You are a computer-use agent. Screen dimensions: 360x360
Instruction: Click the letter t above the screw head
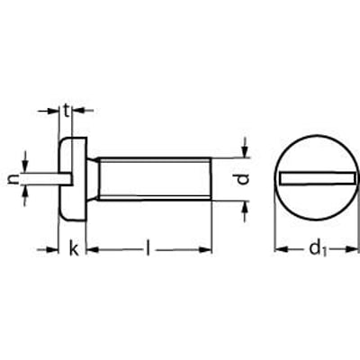coord(67,111)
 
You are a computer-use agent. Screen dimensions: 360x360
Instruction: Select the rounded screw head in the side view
coord(76,179)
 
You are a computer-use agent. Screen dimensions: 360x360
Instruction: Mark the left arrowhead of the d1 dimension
coord(278,248)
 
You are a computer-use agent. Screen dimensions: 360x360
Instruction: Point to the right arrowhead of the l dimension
coord(208,247)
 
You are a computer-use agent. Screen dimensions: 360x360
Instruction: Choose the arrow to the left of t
coord(54,111)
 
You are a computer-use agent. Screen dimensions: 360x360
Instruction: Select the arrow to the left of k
coord(54,247)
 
